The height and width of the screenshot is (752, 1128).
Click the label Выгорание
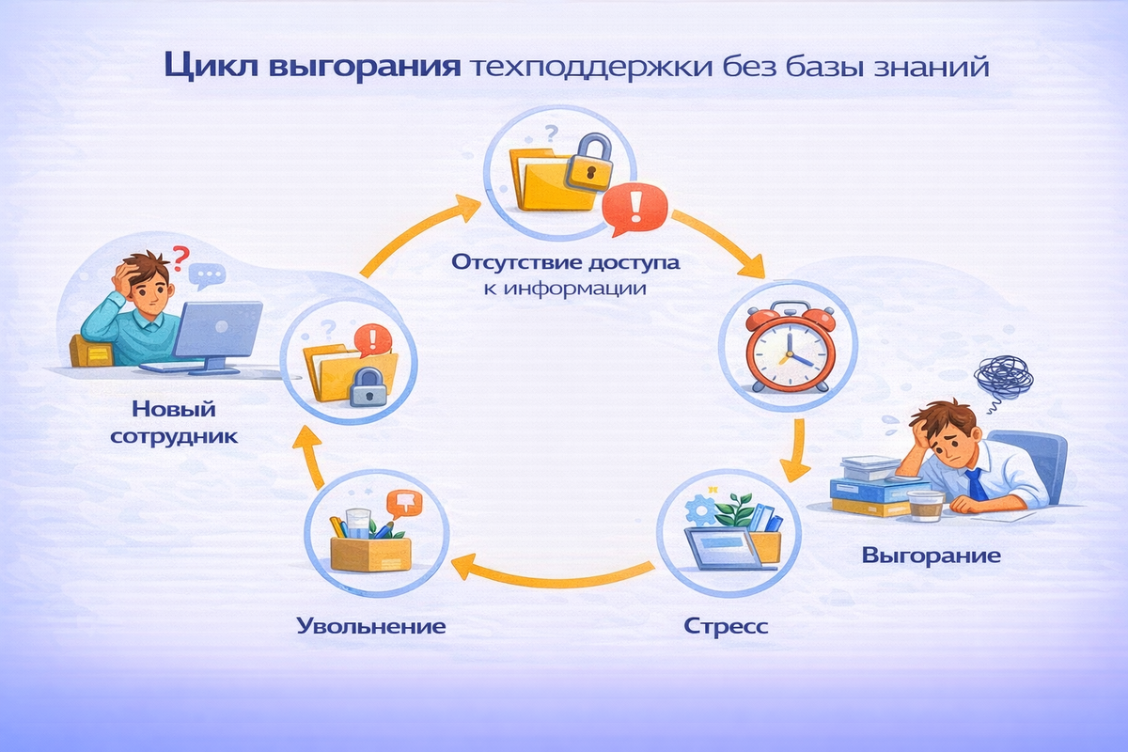[931, 556]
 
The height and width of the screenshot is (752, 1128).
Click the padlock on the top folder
[588, 159]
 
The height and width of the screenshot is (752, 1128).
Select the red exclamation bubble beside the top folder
[633, 208]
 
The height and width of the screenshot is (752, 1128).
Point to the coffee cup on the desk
[925, 504]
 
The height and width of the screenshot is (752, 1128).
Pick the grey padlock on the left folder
[368, 387]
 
